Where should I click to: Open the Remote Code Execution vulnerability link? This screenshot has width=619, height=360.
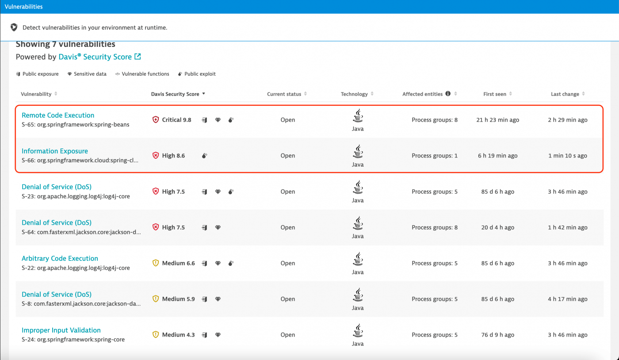coord(58,115)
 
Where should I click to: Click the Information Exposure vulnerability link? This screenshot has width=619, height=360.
coord(55,151)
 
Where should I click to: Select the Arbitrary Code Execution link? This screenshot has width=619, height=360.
coord(60,258)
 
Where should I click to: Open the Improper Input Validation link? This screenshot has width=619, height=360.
coord(61,330)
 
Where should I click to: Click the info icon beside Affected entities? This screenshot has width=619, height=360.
coord(448,94)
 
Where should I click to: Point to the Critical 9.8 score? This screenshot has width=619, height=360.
coord(176,120)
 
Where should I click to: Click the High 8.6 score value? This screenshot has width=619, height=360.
coord(173,156)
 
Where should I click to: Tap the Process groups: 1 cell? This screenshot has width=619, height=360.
coord(435,156)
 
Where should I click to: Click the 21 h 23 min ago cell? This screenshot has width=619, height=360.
coord(497,120)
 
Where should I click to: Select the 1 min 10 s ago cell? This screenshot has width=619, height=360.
coord(568,156)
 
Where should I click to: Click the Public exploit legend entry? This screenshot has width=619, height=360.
coord(197,74)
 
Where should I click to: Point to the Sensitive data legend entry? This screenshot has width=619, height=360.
coord(87,74)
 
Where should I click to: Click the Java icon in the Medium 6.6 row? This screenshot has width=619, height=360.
coord(358,259)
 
